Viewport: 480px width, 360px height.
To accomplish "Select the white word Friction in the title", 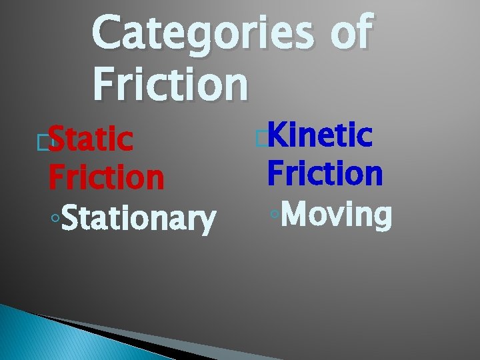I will click(171, 84).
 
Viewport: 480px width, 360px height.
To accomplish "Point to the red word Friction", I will click(106, 177).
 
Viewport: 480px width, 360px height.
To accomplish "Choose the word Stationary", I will click(139, 219).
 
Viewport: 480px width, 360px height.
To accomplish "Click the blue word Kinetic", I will click(319, 136).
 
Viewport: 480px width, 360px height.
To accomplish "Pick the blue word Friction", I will click(325, 173).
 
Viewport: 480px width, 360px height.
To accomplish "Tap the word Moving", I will click(337, 215).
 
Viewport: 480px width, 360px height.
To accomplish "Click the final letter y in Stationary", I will click(208, 223).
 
